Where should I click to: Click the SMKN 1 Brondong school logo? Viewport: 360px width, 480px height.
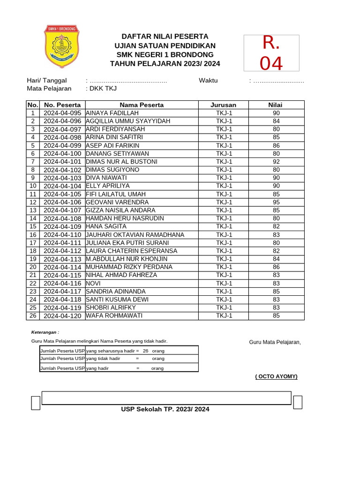point(61,46)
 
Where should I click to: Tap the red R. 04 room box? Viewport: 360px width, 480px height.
point(271,53)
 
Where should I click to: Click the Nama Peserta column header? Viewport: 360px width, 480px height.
point(142,105)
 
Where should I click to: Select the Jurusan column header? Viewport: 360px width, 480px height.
point(224,105)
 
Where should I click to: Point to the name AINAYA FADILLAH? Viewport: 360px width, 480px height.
point(112,113)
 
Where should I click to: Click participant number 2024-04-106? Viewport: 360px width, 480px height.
point(62,202)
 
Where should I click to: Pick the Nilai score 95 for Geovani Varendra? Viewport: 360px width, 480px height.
point(276,202)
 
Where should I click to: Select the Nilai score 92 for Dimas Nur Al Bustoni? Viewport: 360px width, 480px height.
point(276,162)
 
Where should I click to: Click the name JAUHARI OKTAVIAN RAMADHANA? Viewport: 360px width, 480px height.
point(135,235)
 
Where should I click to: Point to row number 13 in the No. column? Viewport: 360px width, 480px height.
point(33,210)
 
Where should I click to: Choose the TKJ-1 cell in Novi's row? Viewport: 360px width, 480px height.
point(224,283)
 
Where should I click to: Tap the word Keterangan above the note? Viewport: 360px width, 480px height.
point(45,332)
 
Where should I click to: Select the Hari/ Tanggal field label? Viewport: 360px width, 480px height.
point(47,81)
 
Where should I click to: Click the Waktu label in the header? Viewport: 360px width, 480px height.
point(208,80)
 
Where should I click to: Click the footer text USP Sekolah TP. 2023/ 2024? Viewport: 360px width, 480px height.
point(165,409)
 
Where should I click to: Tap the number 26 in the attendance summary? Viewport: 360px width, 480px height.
point(146,351)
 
